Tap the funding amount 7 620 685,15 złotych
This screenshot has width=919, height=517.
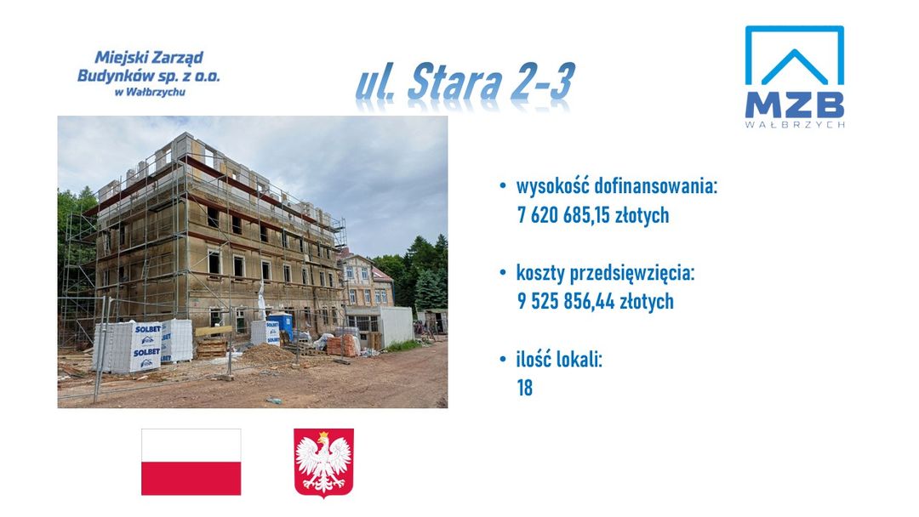point(593,215)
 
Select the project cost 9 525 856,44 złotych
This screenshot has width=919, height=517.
point(596,302)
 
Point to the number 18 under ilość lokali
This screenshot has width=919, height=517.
point(524,388)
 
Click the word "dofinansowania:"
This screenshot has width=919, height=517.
point(656,186)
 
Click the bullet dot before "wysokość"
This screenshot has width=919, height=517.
point(502,187)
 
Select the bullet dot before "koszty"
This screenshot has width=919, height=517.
point(502,273)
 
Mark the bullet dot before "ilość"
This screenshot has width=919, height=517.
point(502,359)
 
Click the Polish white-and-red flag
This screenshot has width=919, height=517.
point(191,462)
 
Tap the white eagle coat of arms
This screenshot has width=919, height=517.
point(323,463)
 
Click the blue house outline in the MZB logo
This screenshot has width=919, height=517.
point(794,55)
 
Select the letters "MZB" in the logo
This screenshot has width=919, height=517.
point(794,105)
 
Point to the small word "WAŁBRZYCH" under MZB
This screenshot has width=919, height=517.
point(795,124)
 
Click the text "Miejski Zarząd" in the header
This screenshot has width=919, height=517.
point(149,58)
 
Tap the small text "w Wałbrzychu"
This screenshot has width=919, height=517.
point(150,92)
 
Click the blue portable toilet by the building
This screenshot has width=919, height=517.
point(282,327)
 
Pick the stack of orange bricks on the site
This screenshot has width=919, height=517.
point(343,345)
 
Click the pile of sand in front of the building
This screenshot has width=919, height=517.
point(266,355)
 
